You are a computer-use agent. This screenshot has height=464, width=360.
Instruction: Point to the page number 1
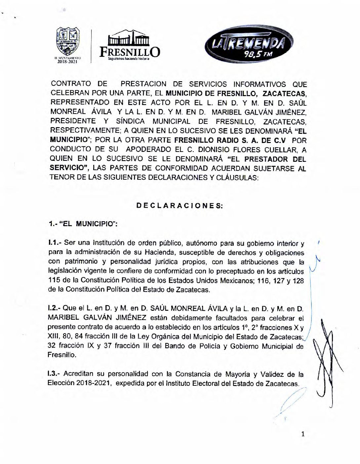302,434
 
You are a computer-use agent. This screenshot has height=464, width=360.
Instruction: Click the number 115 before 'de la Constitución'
54,281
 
